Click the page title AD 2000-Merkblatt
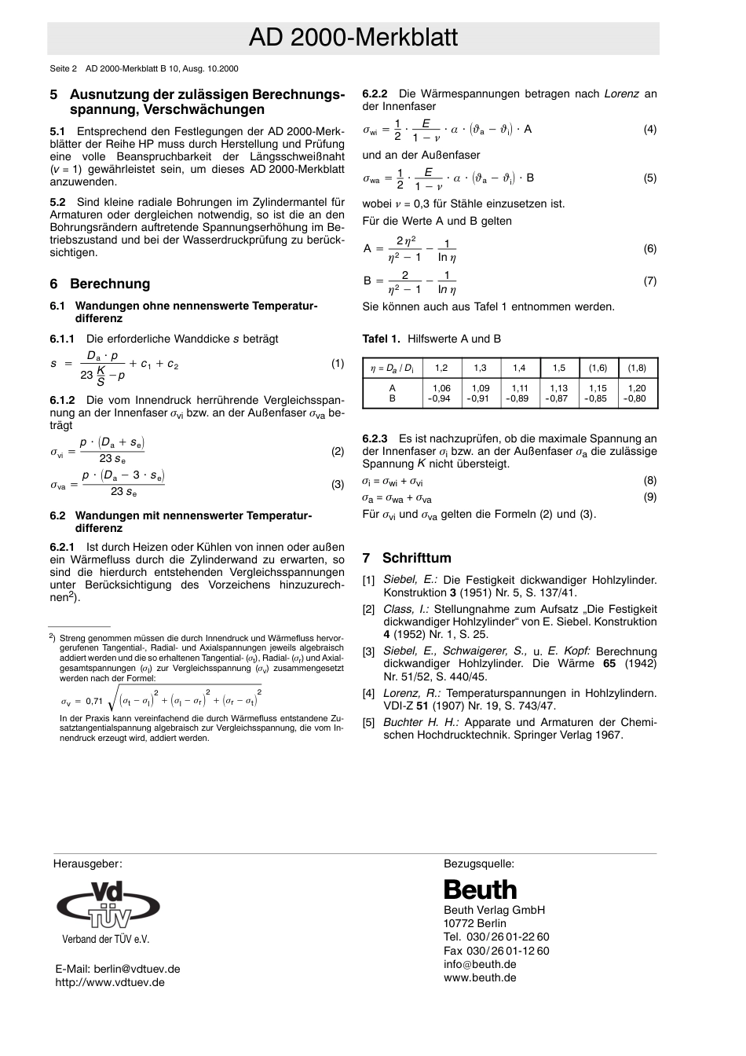click(353, 38)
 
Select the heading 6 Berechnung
click(100, 284)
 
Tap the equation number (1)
click(337, 364)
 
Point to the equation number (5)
click(649, 178)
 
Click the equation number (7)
click(649, 281)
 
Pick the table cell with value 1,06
click(441, 388)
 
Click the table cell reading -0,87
click(558, 398)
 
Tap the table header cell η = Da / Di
click(392, 368)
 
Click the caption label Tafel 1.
click(381, 339)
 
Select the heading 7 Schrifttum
click(407, 558)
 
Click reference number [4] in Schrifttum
click(368, 693)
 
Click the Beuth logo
click(480, 889)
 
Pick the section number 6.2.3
click(375, 438)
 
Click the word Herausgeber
click(87, 863)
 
